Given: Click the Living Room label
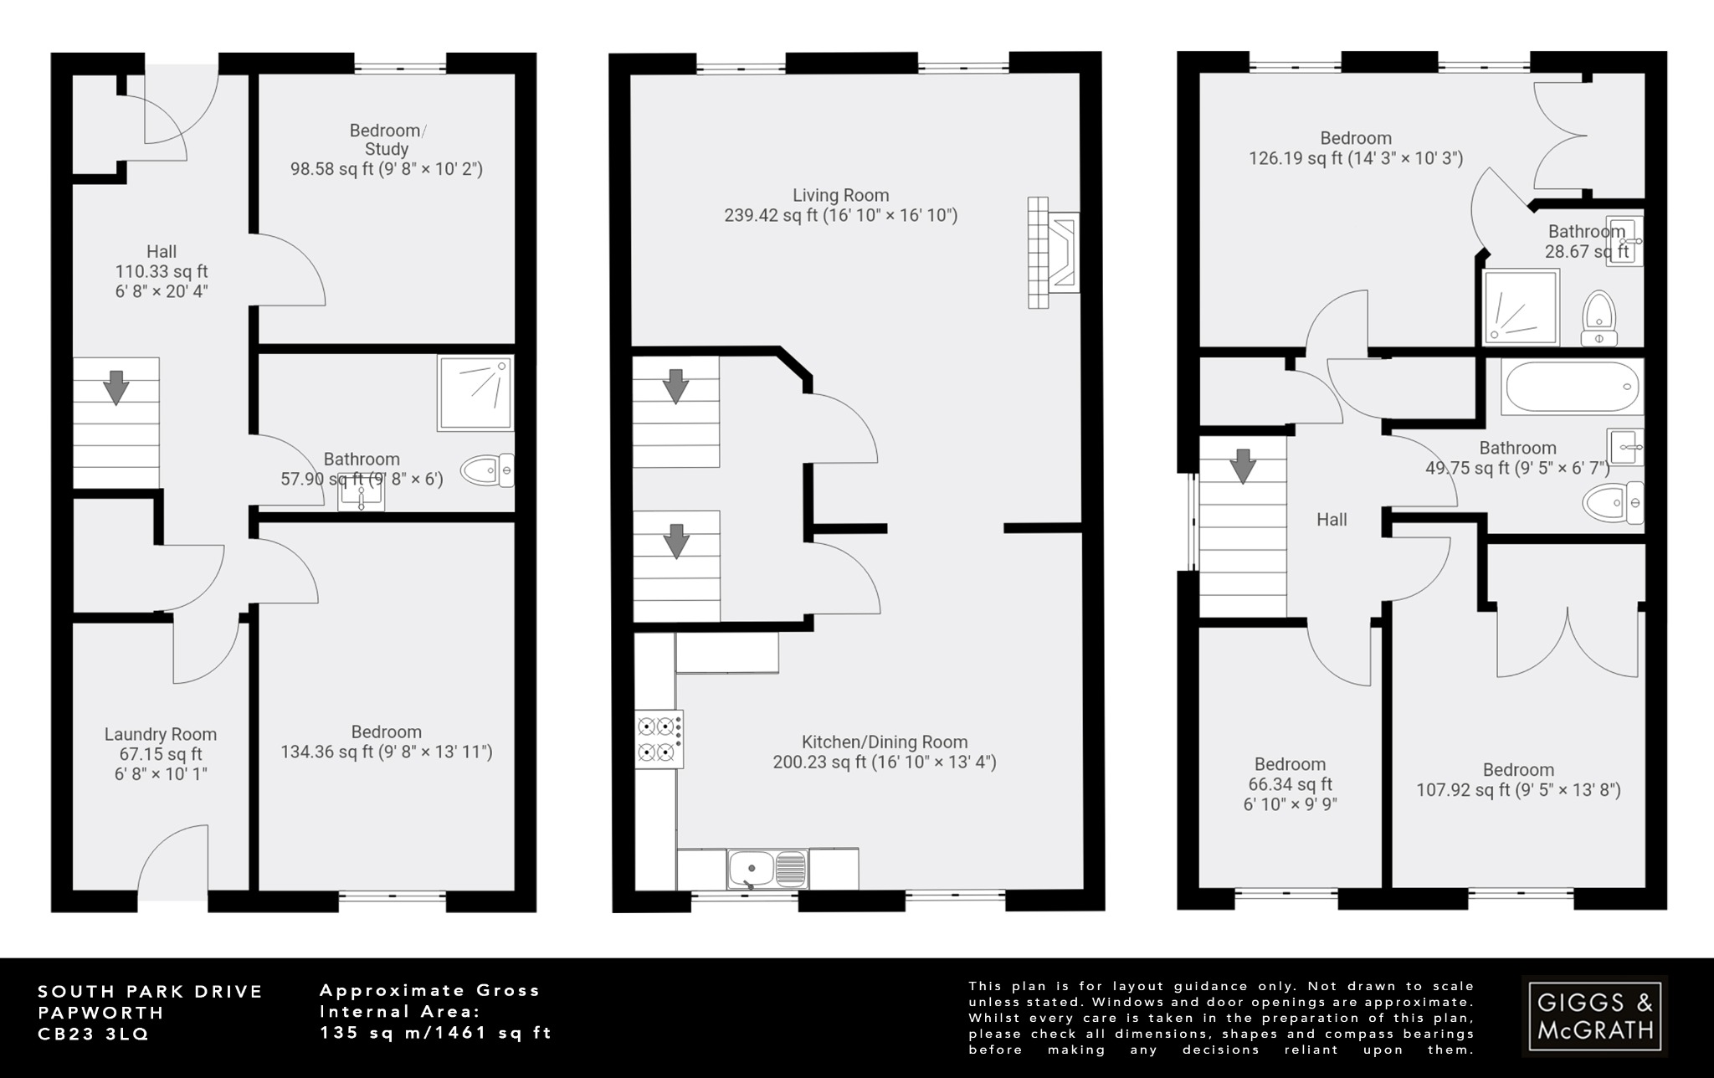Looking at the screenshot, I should coord(840,196).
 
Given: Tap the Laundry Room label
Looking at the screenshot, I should coord(161,735).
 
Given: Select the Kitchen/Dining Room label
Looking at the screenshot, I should coord(885,742).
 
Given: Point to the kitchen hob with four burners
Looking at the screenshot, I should coord(659,739).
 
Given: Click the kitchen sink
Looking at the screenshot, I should coord(767,869).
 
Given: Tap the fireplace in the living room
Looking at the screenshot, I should coord(1054,253).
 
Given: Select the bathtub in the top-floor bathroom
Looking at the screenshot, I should coord(1572,388).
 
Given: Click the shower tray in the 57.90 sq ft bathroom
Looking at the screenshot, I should coord(475,393).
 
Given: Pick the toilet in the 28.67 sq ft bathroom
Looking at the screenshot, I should coord(1599,317).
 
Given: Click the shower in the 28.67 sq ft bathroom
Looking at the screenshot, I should coord(1521,307).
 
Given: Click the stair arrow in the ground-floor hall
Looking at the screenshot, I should coord(115,388).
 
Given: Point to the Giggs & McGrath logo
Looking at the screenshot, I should coord(1593,1016).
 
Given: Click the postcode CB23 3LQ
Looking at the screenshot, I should coord(93,1034).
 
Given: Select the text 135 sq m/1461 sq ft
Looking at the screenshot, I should coord(436,1033).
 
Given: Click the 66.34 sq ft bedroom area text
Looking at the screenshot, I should coord(1290,785).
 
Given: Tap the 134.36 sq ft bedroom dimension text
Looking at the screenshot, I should coord(387,752).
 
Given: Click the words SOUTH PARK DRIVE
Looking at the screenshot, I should coord(151,992).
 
